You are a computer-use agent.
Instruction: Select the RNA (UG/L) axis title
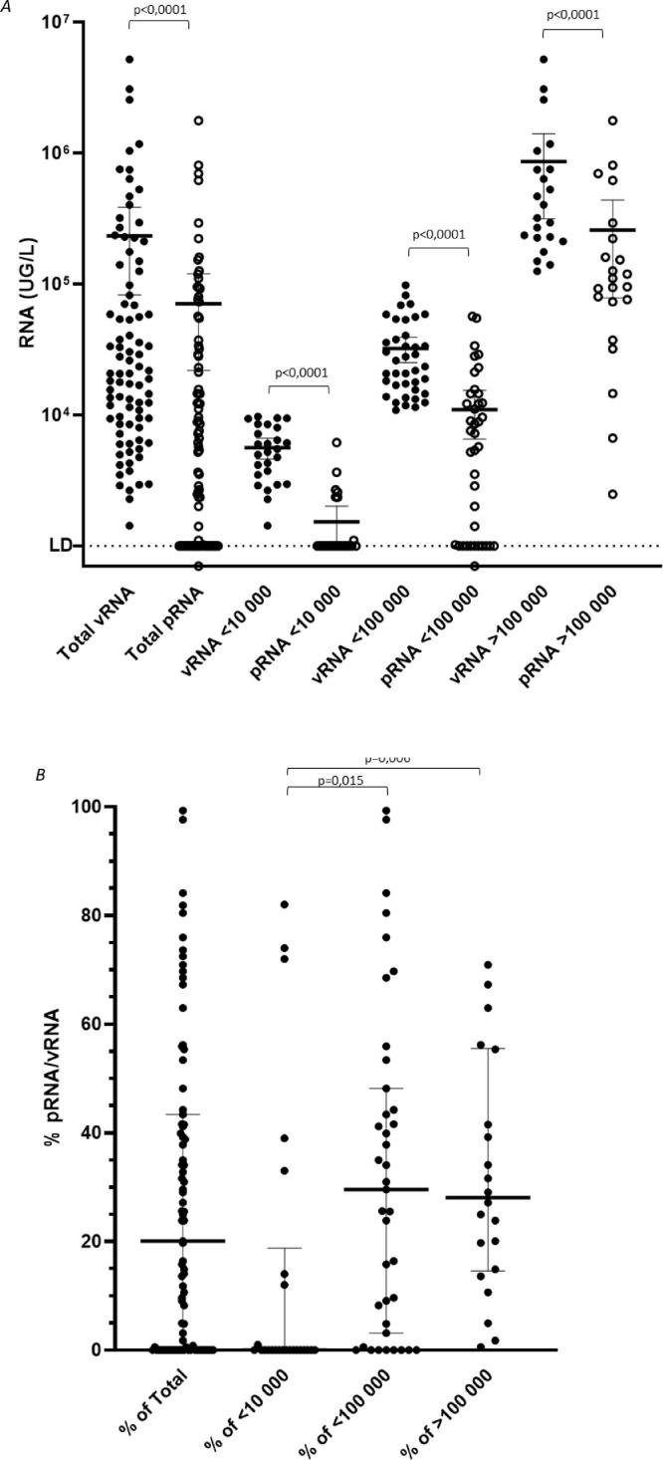tap(30, 284)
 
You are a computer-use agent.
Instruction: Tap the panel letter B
tap(13, 773)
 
